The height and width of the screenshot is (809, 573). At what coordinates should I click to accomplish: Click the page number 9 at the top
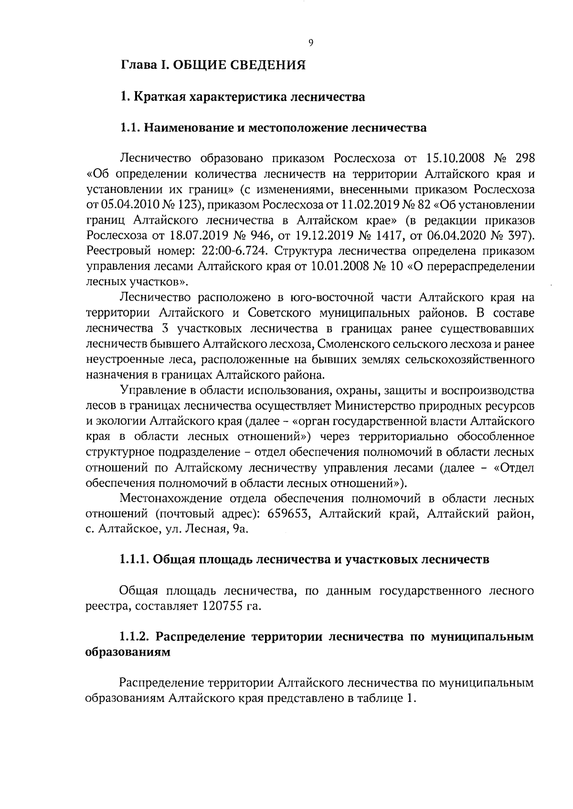[x=310, y=43]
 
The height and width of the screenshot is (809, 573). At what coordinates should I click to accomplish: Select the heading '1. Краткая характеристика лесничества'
[x=243, y=97]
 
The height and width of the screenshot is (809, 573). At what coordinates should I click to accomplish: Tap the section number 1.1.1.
[x=134, y=559]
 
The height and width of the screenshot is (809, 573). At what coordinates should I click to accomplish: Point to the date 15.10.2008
[x=450, y=158]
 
